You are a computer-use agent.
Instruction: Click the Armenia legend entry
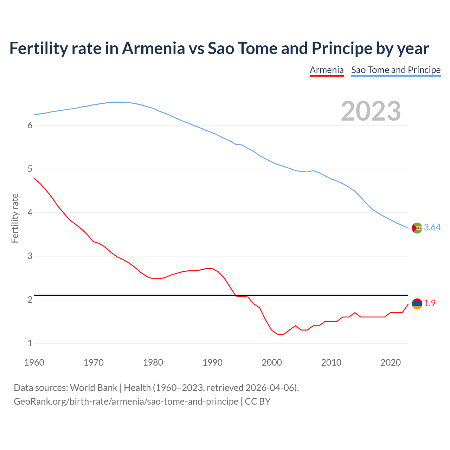(x=326, y=70)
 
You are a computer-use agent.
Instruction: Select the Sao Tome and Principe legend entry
(x=396, y=70)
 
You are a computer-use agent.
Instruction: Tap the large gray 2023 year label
(x=371, y=111)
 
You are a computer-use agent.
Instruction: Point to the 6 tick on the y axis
(x=30, y=126)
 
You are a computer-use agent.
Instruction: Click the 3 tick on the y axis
(x=30, y=256)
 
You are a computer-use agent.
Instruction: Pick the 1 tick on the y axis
(x=30, y=343)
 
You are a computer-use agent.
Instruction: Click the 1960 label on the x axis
(x=34, y=362)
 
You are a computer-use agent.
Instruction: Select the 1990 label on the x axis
(x=212, y=362)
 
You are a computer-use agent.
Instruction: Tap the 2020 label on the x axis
(x=391, y=362)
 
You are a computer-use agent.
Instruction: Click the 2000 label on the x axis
(x=272, y=362)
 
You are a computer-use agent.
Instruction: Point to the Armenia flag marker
(x=417, y=304)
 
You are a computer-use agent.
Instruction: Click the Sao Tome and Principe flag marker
(x=417, y=228)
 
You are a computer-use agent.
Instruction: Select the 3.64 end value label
(x=432, y=227)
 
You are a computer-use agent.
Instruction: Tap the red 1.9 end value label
(x=430, y=303)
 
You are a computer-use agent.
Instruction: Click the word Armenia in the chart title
(x=153, y=48)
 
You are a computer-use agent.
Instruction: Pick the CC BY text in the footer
(x=258, y=401)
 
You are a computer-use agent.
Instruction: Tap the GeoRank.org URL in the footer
(x=126, y=401)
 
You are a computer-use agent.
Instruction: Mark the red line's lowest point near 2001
(x=280, y=334)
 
